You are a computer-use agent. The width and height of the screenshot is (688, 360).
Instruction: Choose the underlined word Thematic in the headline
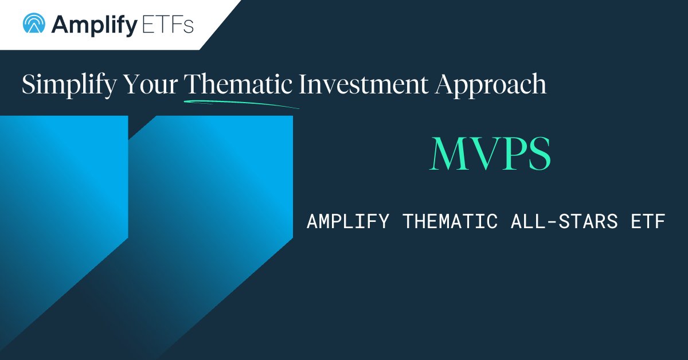[240, 84]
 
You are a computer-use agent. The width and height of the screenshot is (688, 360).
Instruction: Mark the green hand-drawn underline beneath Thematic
[241, 103]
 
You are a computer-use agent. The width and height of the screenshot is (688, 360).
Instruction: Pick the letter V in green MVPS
[482, 154]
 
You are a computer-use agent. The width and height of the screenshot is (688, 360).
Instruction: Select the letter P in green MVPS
[511, 154]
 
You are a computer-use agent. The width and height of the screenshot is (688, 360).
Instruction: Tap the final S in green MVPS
[538, 154]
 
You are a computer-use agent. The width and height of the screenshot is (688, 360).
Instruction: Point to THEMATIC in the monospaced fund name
[451, 221]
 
